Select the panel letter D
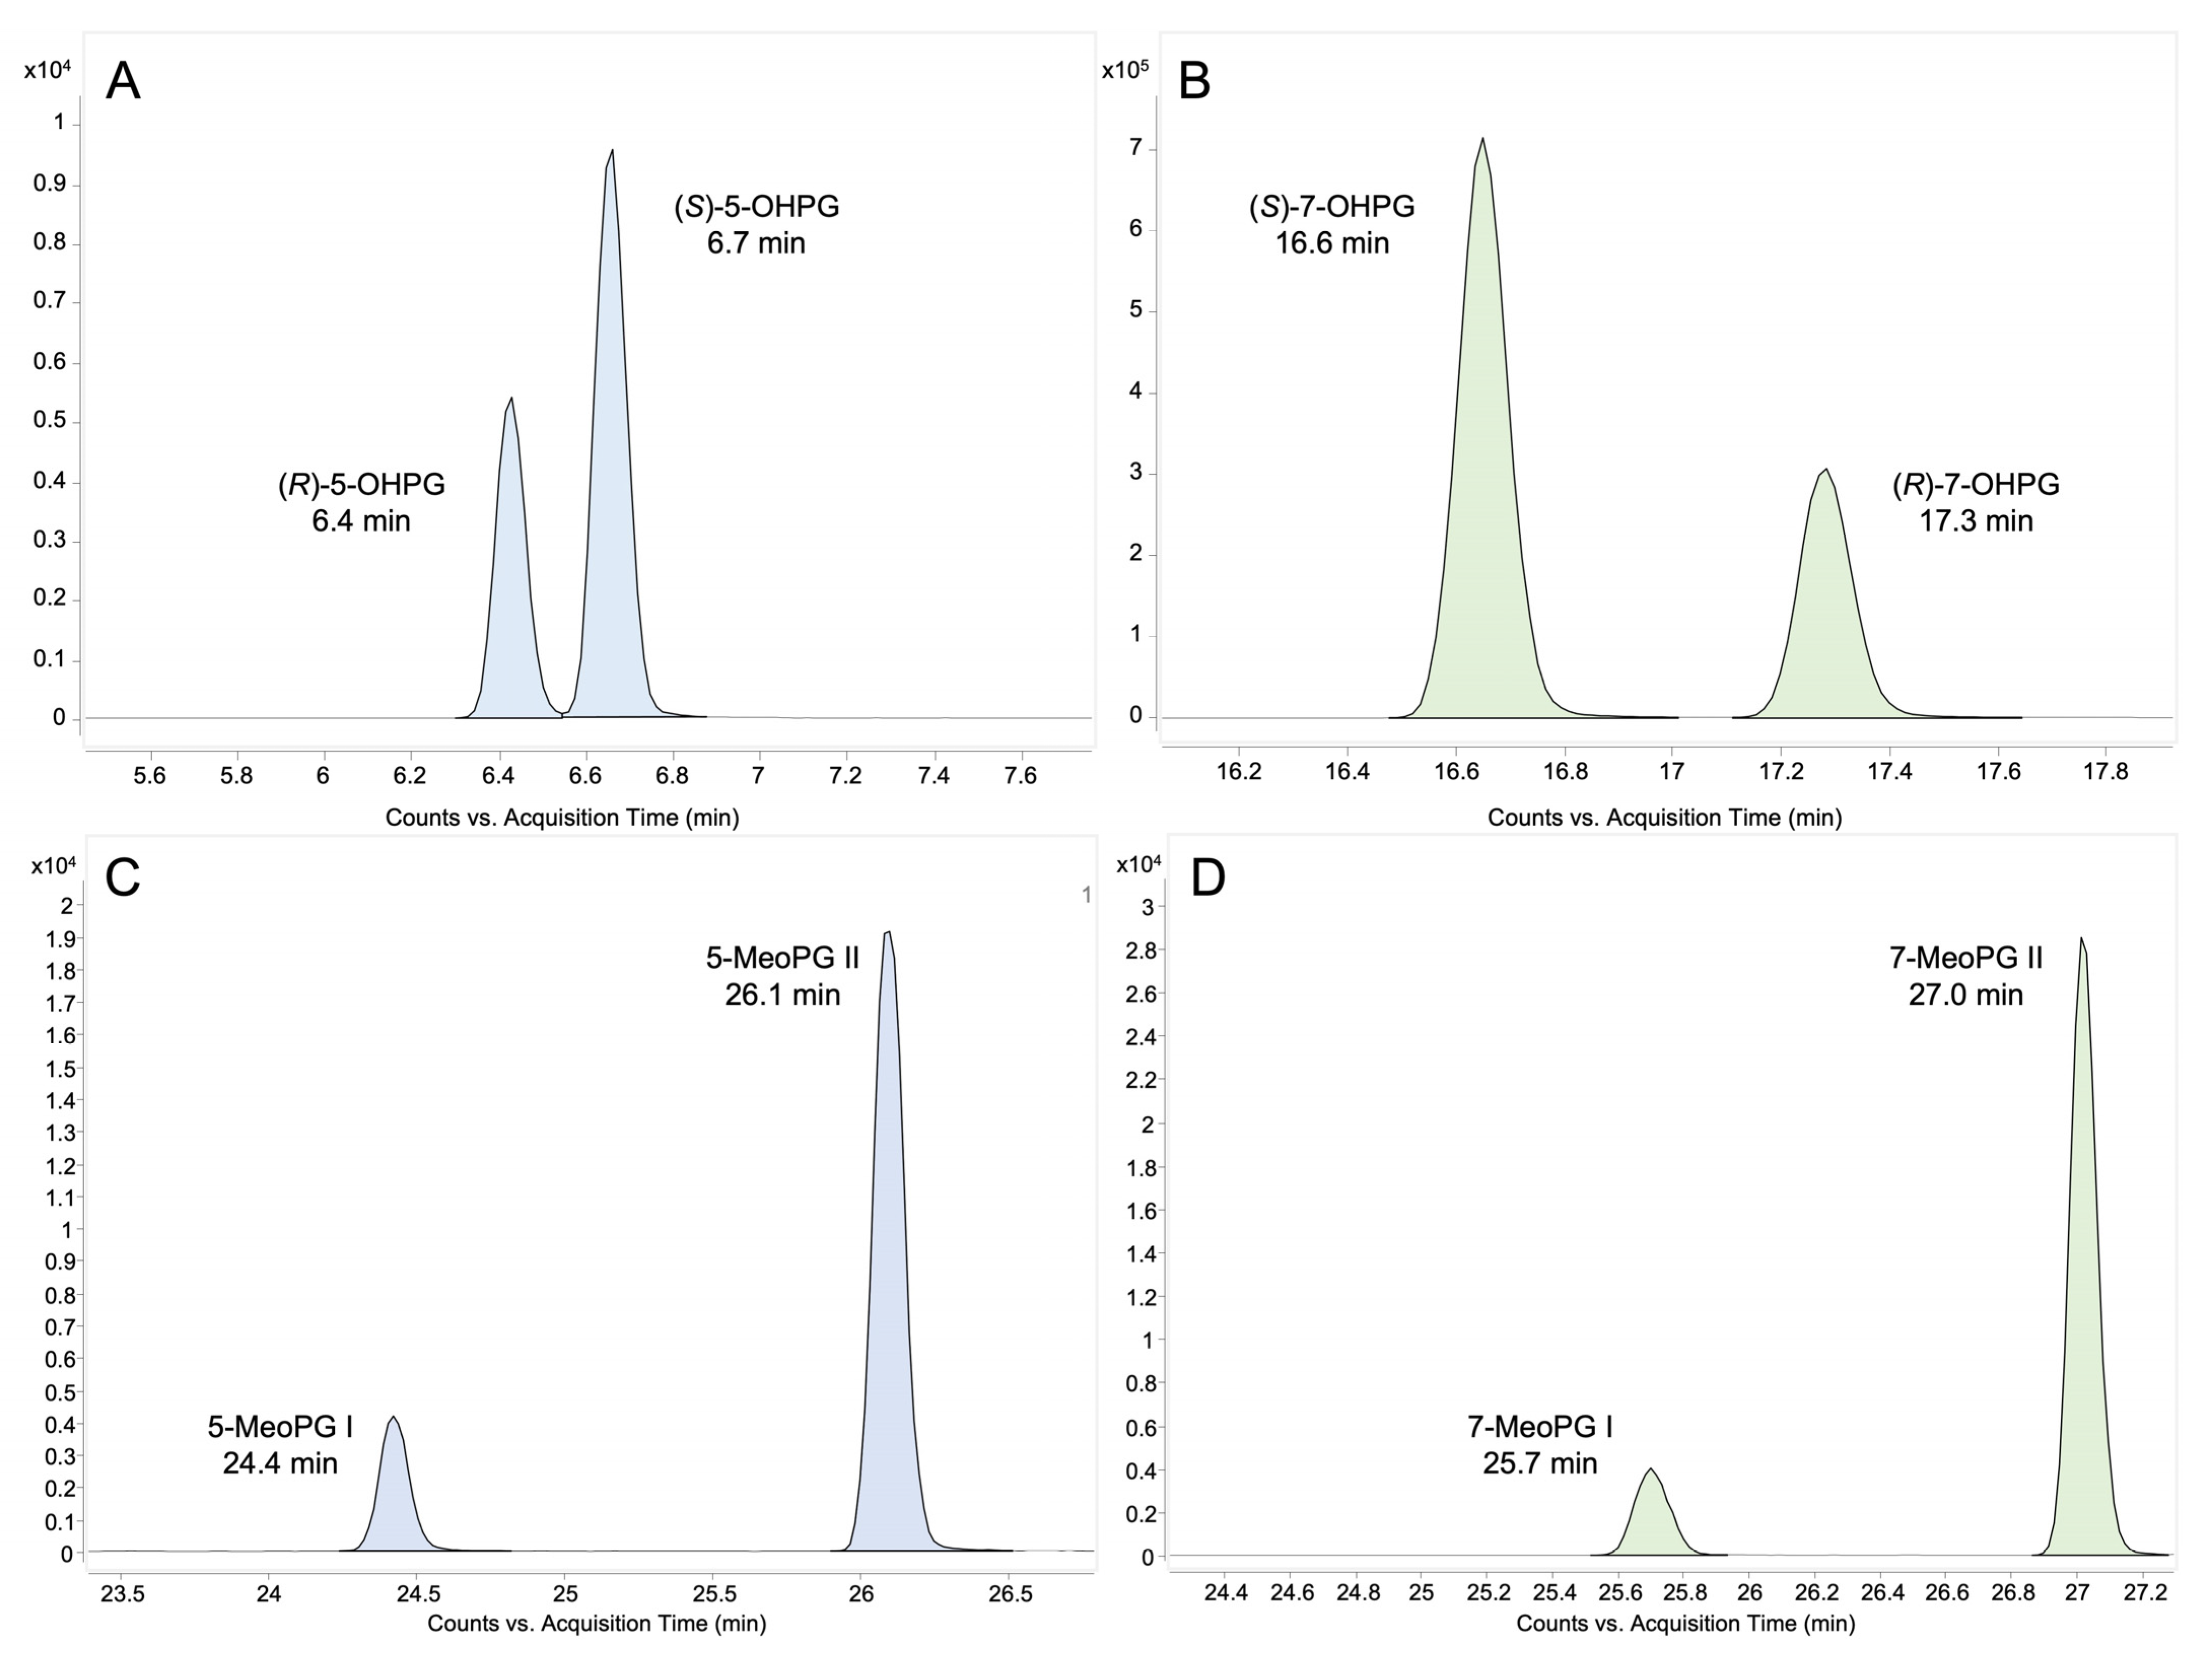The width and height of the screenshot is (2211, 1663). click(1208, 877)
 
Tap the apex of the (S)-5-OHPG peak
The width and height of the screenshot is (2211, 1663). click(612, 152)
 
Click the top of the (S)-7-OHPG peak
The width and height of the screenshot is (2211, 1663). click(1482, 140)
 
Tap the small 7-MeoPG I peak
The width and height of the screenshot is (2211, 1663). click(1650, 1470)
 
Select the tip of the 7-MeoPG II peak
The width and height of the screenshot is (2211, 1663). click(2081, 939)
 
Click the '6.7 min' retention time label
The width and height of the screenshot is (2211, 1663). click(756, 243)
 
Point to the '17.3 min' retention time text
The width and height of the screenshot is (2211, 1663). click(1975, 521)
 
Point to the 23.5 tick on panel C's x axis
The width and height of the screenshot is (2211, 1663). click(123, 1593)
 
